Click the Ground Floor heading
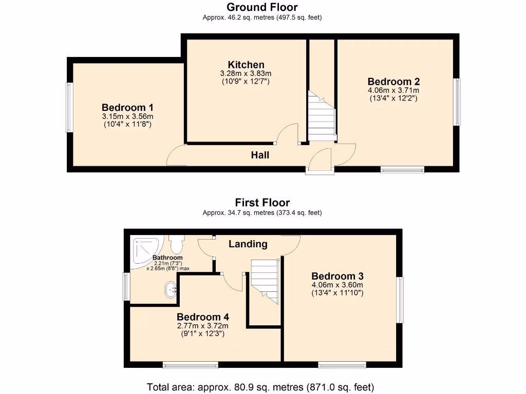pos(262,7)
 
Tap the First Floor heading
pos(262,203)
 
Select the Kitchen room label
pos(246,65)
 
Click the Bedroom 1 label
pos(127,107)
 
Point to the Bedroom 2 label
pos(393,82)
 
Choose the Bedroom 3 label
pos(337,276)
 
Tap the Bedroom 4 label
pos(202,317)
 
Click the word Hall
pos(260,155)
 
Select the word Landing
pos(248,244)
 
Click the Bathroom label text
pos(167,258)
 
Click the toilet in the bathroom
pos(177,241)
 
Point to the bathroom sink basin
pos(171,290)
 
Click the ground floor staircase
pos(321,115)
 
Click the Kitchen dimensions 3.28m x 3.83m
pos(246,74)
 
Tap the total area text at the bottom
pos(260,387)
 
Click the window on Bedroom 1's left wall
pos(68,107)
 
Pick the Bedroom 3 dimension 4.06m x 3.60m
pos(337,285)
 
